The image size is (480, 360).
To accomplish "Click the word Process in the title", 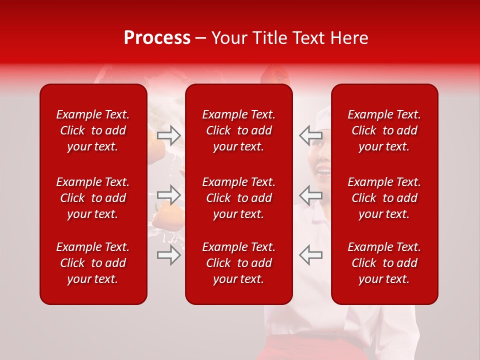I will pos(157,38).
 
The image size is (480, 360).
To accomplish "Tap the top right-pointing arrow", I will pos(169,134).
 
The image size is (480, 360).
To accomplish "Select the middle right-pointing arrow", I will pos(169,194).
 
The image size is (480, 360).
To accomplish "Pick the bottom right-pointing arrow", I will pos(169,255).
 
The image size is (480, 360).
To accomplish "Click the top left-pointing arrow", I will pos(311,134).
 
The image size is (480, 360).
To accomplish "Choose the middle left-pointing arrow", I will pos(311,194).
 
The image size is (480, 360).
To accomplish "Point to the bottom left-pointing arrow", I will pos(311,255).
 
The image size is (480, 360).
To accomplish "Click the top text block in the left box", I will pos(93,130).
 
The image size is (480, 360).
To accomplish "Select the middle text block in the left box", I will pos(93,198).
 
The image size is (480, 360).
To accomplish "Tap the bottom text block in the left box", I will pos(93,263).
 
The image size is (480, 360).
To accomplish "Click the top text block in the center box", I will pos(239,130).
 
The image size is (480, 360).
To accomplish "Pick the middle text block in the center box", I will pos(239,198).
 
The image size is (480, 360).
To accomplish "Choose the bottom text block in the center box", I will pos(239,263).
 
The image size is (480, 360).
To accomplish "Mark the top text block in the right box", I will pos(384,130).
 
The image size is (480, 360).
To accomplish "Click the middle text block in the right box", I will pos(384,198).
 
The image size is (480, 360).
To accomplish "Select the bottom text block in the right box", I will pos(384,263).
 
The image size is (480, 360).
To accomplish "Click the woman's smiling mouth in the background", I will pos(324,172).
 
